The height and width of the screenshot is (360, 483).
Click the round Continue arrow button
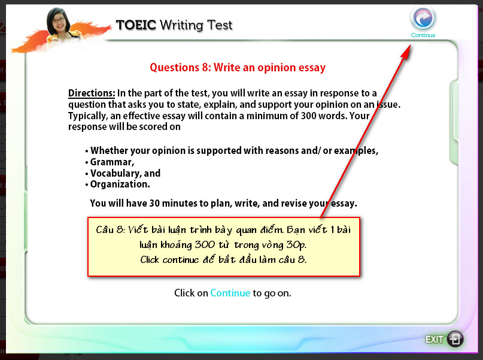423,19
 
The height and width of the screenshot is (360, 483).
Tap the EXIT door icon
455,339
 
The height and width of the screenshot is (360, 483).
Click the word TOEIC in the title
136,25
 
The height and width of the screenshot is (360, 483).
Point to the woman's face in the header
59,22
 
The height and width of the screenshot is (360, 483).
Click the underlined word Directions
92,93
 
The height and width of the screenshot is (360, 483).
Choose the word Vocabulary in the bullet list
116,174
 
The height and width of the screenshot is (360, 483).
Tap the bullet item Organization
120,184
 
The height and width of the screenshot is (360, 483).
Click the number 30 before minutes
154,204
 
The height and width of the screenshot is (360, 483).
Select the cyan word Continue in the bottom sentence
230,293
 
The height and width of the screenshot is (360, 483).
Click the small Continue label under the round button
423,35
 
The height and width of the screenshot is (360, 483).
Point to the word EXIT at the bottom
435,340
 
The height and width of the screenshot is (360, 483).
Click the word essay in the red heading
312,68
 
